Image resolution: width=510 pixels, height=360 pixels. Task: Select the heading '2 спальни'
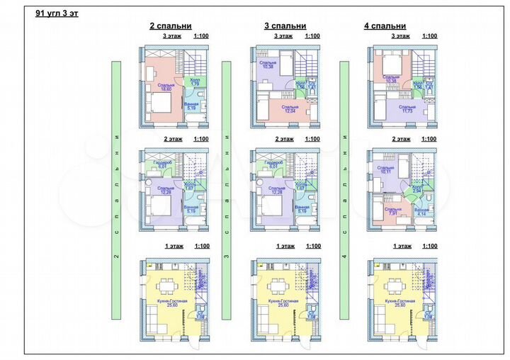click(170, 26)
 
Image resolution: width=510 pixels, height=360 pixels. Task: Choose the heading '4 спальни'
click(385, 26)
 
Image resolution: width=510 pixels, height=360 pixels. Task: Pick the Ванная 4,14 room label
click(421, 211)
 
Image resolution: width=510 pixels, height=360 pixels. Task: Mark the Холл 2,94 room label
click(417, 190)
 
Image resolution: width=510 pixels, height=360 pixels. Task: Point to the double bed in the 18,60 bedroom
click(164, 106)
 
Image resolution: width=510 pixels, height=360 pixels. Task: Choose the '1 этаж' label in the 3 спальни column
click(285, 246)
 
